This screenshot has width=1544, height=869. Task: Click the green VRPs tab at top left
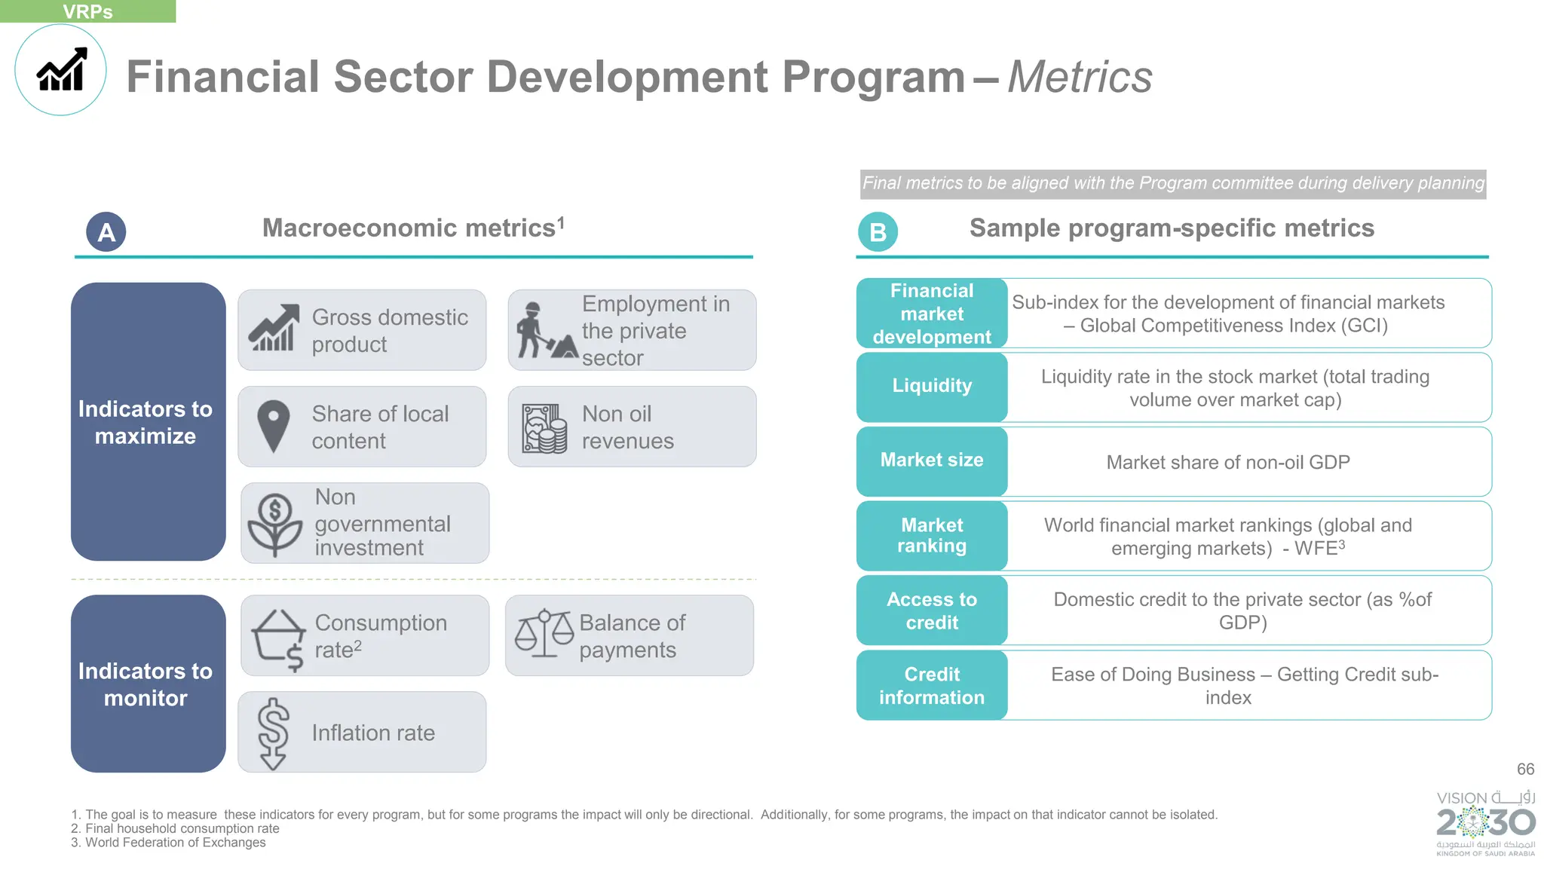pos(87,11)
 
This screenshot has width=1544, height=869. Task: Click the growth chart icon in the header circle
pos(62,70)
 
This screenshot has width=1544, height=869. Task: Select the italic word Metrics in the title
pos(1079,77)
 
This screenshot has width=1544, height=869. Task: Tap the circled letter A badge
pos(106,232)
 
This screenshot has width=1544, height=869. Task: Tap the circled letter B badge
pos(878,232)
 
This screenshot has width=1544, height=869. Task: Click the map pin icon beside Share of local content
pos(273,426)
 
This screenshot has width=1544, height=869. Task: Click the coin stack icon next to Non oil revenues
pos(544,428)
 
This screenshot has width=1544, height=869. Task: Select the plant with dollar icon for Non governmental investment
pos(275,524)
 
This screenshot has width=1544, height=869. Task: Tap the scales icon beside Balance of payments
pos(544,633)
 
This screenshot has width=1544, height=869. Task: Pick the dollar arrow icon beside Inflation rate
pos(273,733)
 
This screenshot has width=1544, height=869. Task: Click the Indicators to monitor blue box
pos(148,684)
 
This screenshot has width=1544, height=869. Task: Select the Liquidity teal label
pos(932,386)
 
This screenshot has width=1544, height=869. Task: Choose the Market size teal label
pos(932,461)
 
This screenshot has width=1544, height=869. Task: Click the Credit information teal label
pos(932,685)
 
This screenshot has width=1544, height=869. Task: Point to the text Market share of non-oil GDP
pos(1227,462)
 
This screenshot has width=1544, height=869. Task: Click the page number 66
pos(1525,769)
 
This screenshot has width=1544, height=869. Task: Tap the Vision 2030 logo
pos(1485,822)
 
